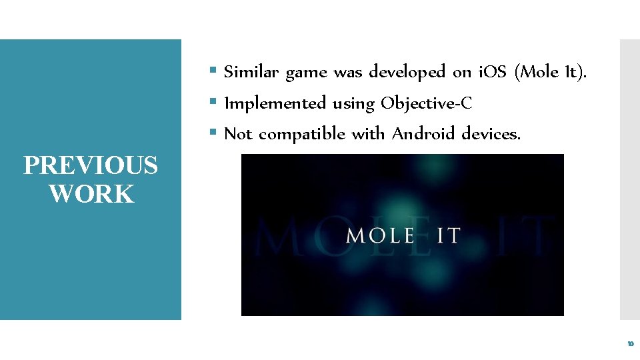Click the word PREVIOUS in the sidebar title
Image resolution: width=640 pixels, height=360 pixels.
(x=91, y=165)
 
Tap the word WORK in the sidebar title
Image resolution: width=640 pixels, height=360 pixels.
(x=91, y=194)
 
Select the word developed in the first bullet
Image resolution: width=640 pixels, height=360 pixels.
(x=407, y=71)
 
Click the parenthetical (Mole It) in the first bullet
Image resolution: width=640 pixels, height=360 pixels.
(x=551, y=72)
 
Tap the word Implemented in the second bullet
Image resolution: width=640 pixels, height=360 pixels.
(x=275, y=103)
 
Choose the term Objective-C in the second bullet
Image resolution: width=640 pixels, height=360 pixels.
(x=427, y=104)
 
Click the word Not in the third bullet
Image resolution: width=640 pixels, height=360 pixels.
(x=238, y=134)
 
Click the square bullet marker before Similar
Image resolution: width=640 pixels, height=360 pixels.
(x=213, y=70)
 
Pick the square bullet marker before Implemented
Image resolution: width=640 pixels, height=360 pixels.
(x=213, y=102)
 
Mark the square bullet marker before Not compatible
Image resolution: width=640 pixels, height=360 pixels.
(x=213, y=133)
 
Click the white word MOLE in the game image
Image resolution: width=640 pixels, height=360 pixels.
(x=381, y=235)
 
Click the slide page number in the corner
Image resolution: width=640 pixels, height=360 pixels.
(x=630, y=345)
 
